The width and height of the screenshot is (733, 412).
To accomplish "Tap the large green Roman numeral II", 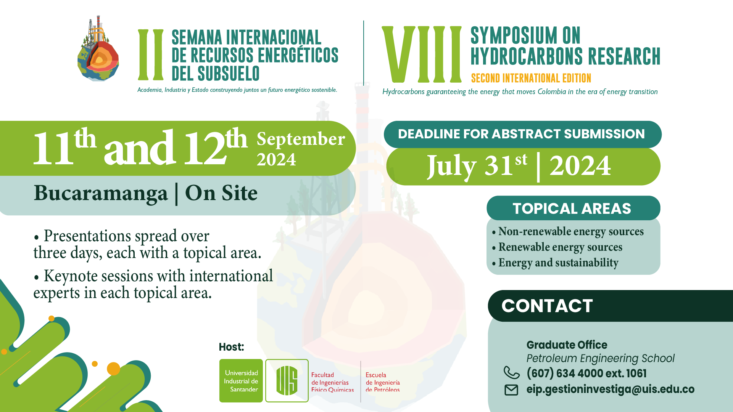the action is click(151, 55).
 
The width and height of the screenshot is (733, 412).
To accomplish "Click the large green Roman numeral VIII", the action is click(422, 54).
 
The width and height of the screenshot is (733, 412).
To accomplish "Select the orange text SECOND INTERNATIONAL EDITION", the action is click(531, 78).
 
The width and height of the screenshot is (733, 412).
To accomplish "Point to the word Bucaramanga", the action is click(101, 193).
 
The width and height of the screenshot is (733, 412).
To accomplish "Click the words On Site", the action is click(221, 193).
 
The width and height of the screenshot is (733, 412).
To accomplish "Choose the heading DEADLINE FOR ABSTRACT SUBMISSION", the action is click(521, 134).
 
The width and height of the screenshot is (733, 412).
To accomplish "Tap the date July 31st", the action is click(477, 166).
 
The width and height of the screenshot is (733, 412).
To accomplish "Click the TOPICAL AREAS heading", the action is click(572, 208).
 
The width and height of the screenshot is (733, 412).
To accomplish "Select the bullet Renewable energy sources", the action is click(557, 247).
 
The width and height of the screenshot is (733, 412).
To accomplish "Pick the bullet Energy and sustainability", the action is click(555, 263).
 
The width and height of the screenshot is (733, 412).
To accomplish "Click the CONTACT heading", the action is click(547, 306).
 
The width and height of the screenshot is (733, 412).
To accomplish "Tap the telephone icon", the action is click(512, 372).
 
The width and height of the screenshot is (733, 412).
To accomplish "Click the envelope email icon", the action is click(511, 390).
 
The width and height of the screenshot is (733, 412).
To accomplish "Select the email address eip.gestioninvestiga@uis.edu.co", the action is click(611, 389).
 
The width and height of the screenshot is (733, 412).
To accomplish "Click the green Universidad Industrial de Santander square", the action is click(241, 381).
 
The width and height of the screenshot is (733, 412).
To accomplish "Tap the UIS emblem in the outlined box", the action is click(287, 381).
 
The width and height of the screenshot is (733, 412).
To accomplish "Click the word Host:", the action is click(231, 347).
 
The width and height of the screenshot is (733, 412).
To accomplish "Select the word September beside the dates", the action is click(301, 139).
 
